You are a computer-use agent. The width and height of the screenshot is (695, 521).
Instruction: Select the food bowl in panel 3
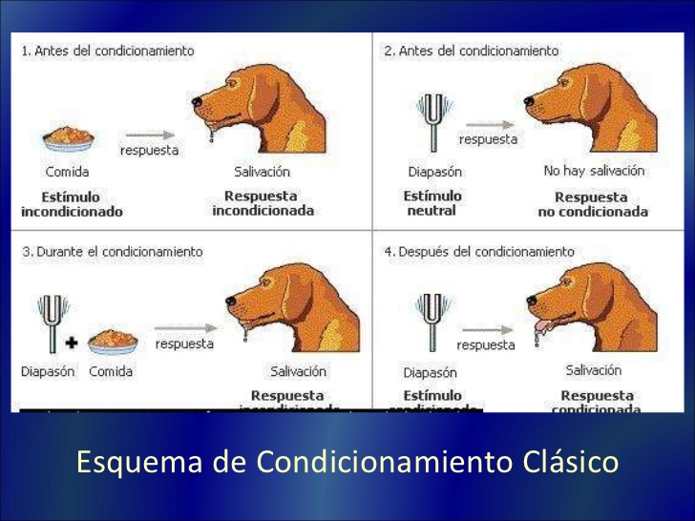tap(113, 339)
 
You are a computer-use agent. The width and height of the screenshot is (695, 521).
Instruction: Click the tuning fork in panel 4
tap(431, 321)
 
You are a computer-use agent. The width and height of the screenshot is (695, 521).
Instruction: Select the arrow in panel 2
tap(487, 123)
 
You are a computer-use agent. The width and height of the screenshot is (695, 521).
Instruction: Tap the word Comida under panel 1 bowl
tap(67, 172)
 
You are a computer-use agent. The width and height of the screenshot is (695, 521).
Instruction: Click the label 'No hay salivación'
tap(594, 171)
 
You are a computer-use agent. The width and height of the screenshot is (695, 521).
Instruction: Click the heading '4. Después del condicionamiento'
tap(479, 252)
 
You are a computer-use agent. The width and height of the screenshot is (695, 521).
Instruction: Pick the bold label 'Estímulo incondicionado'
tap(72, 204)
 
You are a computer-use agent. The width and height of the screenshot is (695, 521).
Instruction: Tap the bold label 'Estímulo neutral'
tap(432, 202)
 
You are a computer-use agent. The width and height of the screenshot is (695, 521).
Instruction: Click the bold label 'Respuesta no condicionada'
tap(593, 204)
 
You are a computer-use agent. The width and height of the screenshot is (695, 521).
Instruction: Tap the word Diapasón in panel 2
tap(434, 172)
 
